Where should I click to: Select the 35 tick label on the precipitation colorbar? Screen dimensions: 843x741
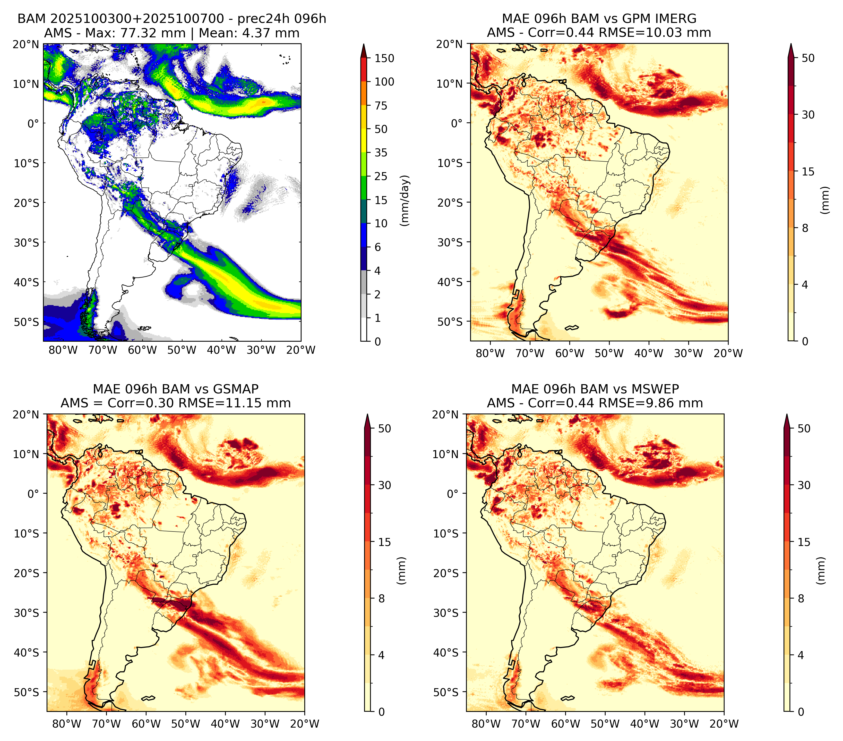click(x=381, y=153)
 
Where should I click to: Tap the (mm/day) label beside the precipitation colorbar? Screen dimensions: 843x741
click(x=405, y=200)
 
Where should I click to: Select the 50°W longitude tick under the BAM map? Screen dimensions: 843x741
click(x=182, y=350)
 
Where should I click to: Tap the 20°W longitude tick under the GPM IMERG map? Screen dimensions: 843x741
click(x=728, y=353)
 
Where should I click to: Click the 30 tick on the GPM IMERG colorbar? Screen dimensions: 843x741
click(x=808, y=115)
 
